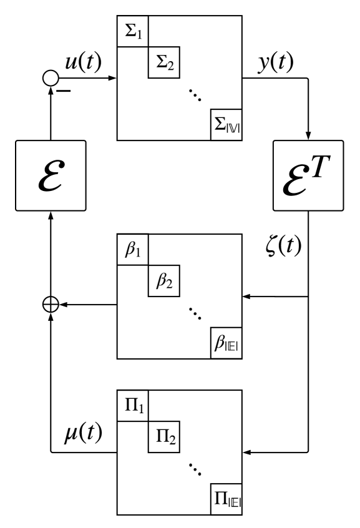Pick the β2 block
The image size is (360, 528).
pos(163,282)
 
